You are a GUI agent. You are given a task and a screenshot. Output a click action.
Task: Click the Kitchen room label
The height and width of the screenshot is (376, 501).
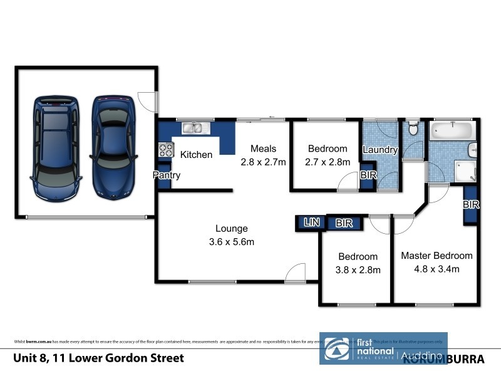196,154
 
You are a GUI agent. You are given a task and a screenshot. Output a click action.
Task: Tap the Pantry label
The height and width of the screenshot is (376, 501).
167,175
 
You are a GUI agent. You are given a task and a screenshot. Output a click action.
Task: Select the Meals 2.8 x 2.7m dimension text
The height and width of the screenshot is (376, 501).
263,162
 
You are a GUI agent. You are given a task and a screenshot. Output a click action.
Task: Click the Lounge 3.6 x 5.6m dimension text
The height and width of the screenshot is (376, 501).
231,241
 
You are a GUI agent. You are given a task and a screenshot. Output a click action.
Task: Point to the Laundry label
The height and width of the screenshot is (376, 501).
380,150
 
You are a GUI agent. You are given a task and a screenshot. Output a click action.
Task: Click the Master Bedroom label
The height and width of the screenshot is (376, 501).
436,256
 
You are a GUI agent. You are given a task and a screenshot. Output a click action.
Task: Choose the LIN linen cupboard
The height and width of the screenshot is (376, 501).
311,222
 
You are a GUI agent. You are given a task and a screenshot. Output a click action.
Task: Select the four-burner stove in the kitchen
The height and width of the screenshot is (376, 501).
166,150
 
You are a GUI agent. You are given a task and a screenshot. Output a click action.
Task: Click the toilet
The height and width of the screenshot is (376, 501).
412,129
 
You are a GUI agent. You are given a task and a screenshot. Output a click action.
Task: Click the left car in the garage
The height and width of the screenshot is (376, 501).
56,147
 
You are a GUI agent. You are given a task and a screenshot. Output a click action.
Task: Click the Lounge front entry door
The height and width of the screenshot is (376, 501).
295,273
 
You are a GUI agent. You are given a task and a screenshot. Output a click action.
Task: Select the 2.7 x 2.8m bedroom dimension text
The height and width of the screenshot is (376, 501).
327,162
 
